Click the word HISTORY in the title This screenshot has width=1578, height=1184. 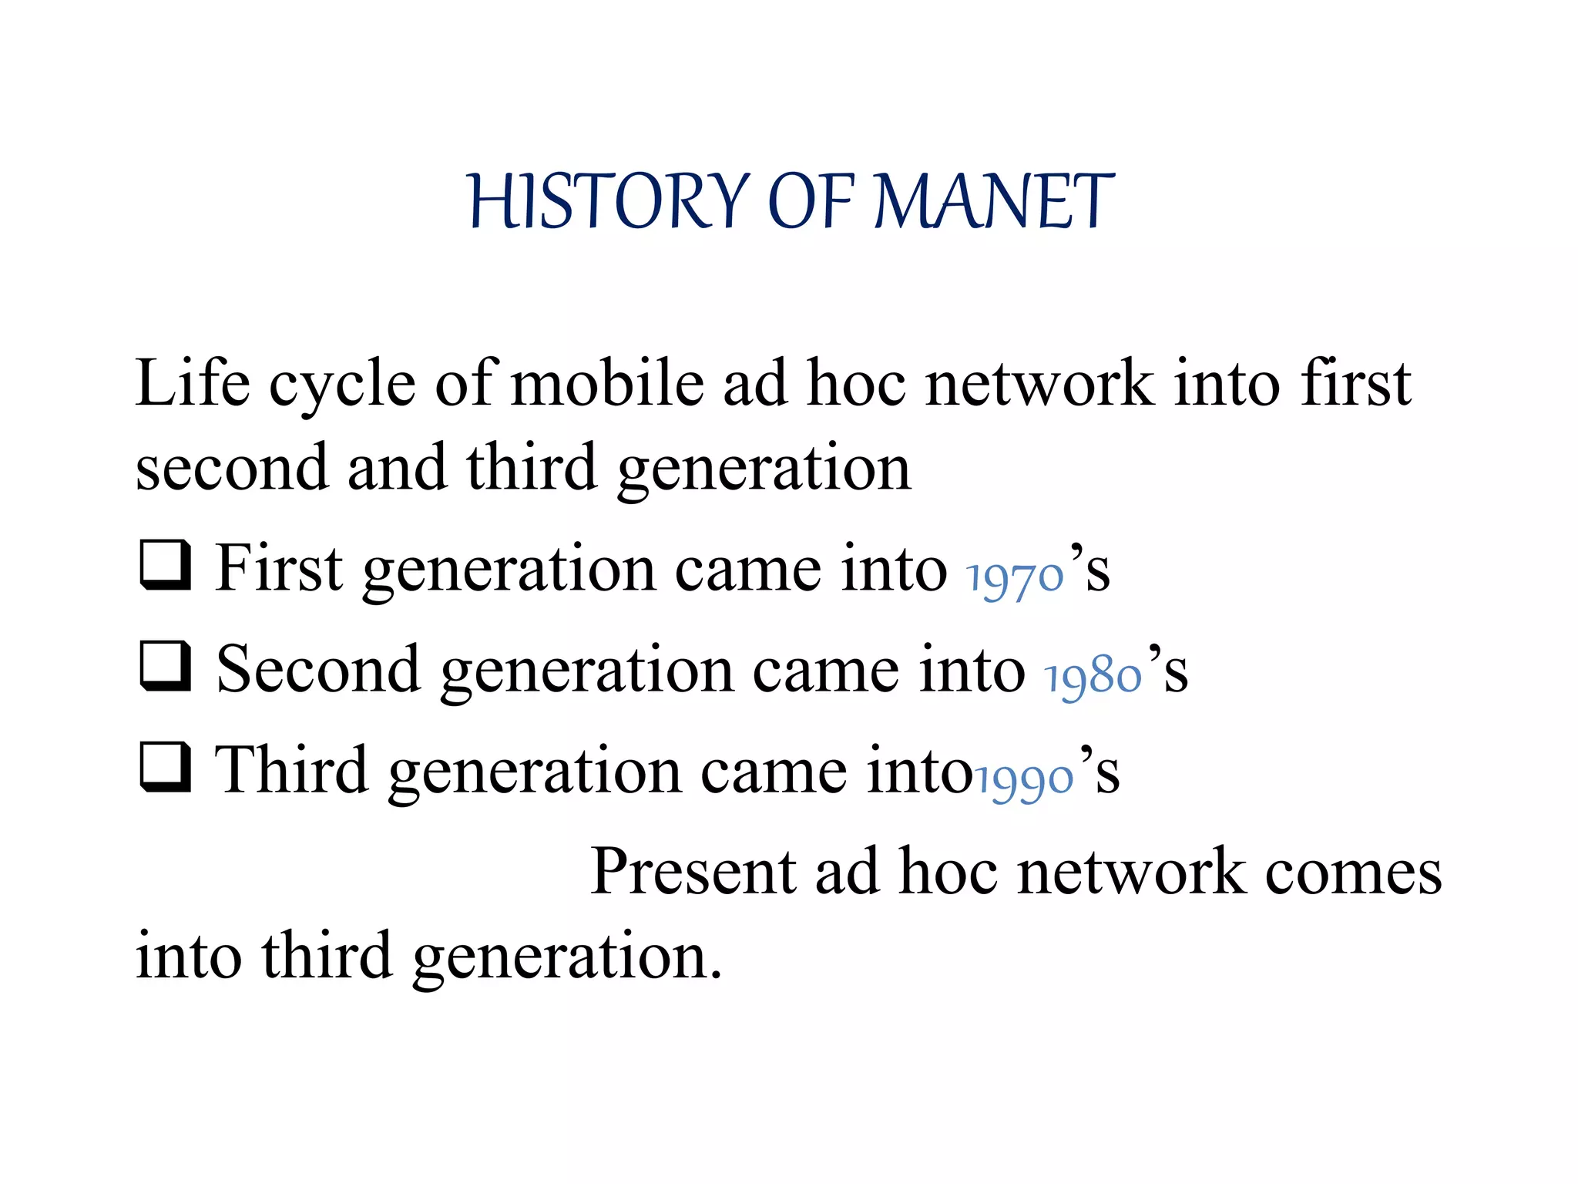(x=609, y=201)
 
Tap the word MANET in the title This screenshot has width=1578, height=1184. (x=994, y=201)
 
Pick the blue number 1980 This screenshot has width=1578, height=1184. (x=1093, y=677)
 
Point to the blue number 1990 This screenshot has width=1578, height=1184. (x=1025, y=779)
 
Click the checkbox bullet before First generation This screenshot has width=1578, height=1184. (x=166, y=565)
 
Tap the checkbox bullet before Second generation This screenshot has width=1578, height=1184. (x=166, y=666)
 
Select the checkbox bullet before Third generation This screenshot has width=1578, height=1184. (x=166, y=767)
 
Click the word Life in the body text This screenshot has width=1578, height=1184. (x=193, y=383)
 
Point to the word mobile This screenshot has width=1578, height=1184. (x=607, y=383)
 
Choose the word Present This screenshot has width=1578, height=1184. (x=693, y=871)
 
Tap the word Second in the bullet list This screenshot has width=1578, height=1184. (x=318, y=669)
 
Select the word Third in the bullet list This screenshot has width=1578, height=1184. (x=291, y=769)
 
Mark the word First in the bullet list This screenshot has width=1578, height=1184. (x=278, y=568)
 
